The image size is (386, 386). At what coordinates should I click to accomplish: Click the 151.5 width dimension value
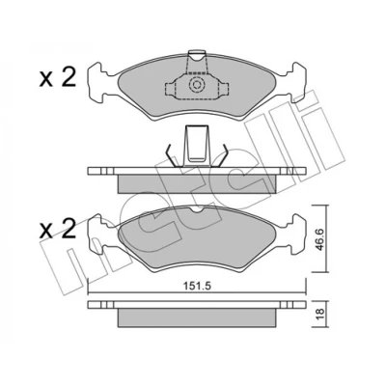(x=197, y=286)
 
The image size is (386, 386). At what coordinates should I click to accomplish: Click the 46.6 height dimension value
(x=319, y=238)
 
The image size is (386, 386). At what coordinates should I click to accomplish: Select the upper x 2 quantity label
(x=58, y=78)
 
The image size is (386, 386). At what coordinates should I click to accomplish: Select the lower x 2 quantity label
(x=58, y=229)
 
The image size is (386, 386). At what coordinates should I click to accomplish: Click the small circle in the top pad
(x=196, y=85)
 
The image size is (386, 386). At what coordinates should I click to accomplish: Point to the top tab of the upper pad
(x=196, y=55)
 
